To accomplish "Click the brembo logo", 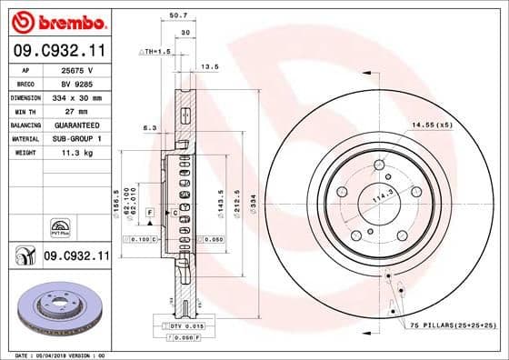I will tap(55, 20).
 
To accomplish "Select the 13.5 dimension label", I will tap(211, 66).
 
